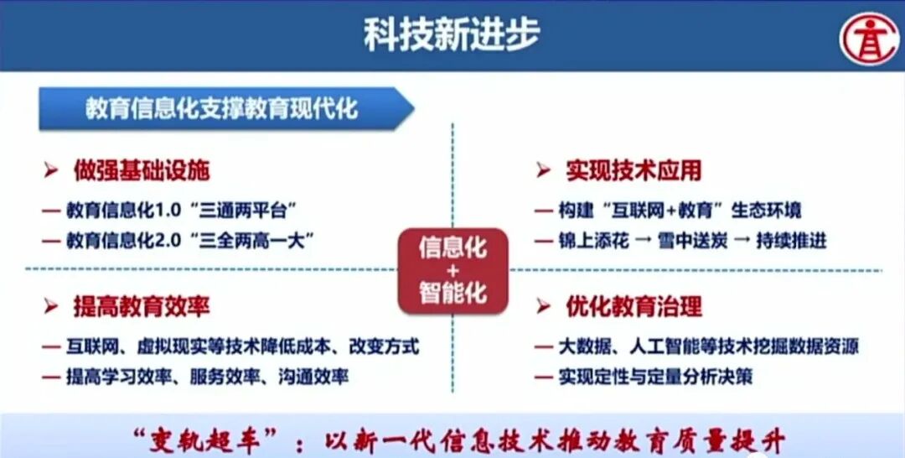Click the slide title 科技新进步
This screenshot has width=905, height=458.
451,34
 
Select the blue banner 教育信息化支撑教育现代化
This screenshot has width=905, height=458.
221,109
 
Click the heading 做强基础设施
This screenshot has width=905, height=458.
140,171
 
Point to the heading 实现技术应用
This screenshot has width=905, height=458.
633,171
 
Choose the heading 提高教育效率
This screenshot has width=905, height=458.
140,306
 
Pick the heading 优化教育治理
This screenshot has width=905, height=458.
633,306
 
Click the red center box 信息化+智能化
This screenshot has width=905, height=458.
452,270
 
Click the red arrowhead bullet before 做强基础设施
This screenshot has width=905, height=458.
51,172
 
